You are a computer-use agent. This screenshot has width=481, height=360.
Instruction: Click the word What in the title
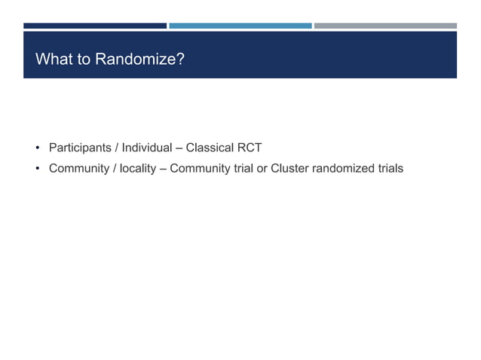(53, 59)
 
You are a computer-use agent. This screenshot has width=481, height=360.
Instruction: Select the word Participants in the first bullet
(79, 148)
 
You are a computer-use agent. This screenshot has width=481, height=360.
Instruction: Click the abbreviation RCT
(249, 148)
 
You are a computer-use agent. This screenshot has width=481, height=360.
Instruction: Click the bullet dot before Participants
(36, 148)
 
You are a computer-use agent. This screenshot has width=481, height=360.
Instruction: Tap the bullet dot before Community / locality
(36, 168)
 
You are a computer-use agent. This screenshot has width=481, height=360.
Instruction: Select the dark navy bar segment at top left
(94, 26)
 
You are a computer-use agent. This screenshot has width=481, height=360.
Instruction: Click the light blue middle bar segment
(240, 26)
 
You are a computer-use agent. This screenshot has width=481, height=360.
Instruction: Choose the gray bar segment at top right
(384, 26)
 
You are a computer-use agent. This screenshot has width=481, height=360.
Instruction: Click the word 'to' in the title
(83, 59)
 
